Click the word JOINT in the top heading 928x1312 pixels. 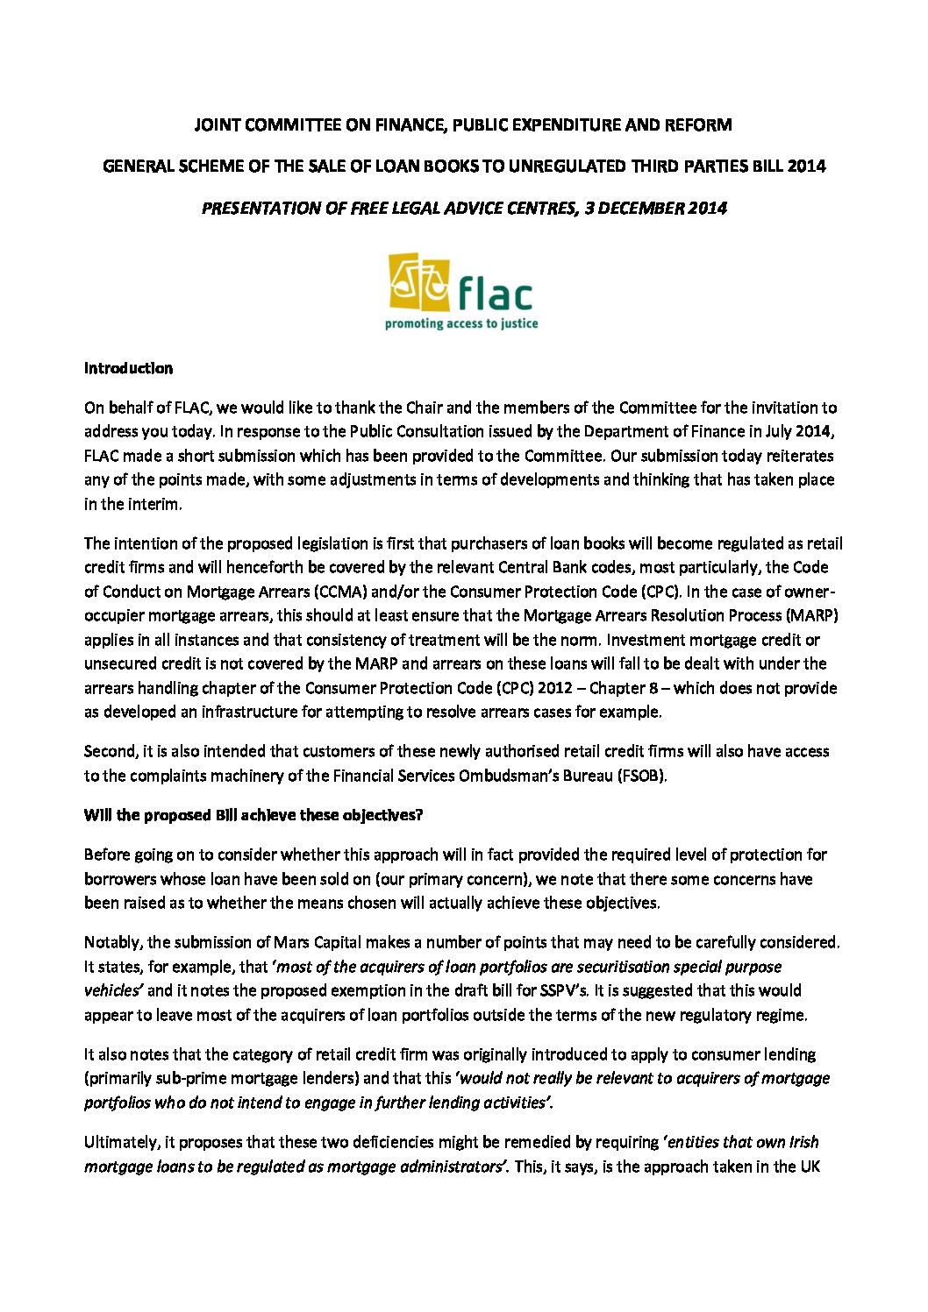point(217,124)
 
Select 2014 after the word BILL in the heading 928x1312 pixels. point(806,166)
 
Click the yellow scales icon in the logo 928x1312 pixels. point(419,283)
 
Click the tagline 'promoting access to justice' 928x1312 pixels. point(461,323)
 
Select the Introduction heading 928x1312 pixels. point(128,368)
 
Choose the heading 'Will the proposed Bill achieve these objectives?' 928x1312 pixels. point(253,815)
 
